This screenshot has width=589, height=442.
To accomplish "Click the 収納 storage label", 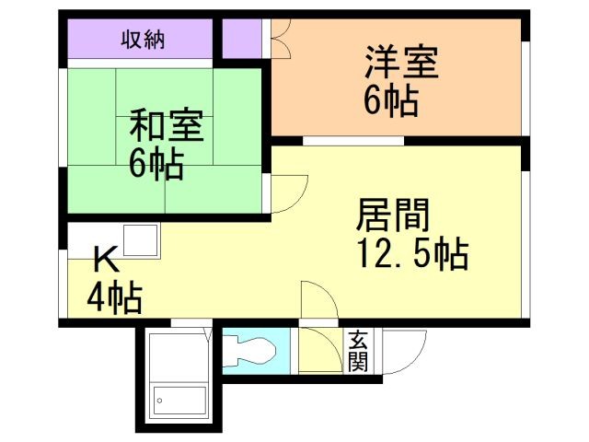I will point(139,40).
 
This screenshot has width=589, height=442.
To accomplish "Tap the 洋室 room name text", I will point(400,64).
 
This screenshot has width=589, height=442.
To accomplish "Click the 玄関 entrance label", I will point(357,351).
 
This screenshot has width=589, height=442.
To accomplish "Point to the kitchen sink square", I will point(140,242).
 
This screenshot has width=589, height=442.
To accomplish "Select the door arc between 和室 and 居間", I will point(288,193).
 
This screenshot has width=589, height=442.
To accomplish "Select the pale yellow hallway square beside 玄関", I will point(321,351).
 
